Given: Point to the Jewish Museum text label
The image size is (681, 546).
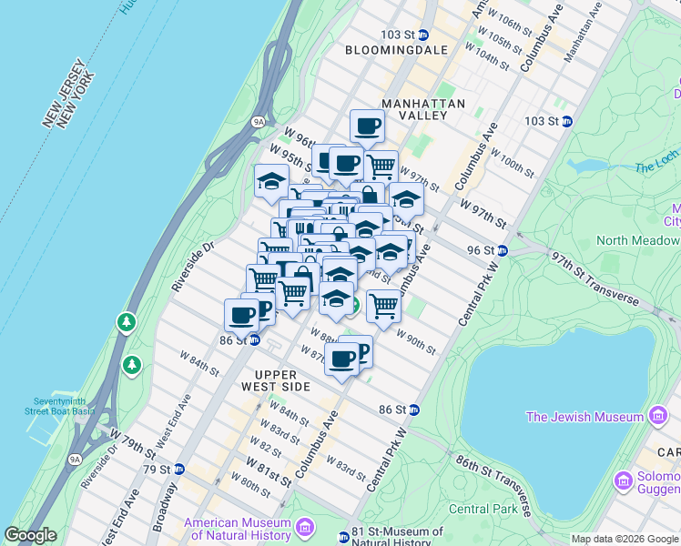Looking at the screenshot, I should pyautogui.click(x=584, y=417).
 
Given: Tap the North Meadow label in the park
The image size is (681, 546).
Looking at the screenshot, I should pyautogui.click(x=637, y=240).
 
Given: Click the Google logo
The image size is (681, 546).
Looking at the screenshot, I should pyautogui.click(x=30, y=535).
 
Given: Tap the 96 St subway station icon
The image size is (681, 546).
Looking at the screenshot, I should pyautogui.click(x=514, y=250).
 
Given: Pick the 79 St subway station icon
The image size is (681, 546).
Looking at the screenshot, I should pyautogui.click(x=179, y=470).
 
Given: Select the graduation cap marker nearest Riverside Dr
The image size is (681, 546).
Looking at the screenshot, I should pyautogui.click(x=270, y=181).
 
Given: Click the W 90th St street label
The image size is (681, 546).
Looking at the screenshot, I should pyautogui.click(x=417, y=342).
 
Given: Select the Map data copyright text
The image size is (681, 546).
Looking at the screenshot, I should pyautogui.click(x=624, y=538).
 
